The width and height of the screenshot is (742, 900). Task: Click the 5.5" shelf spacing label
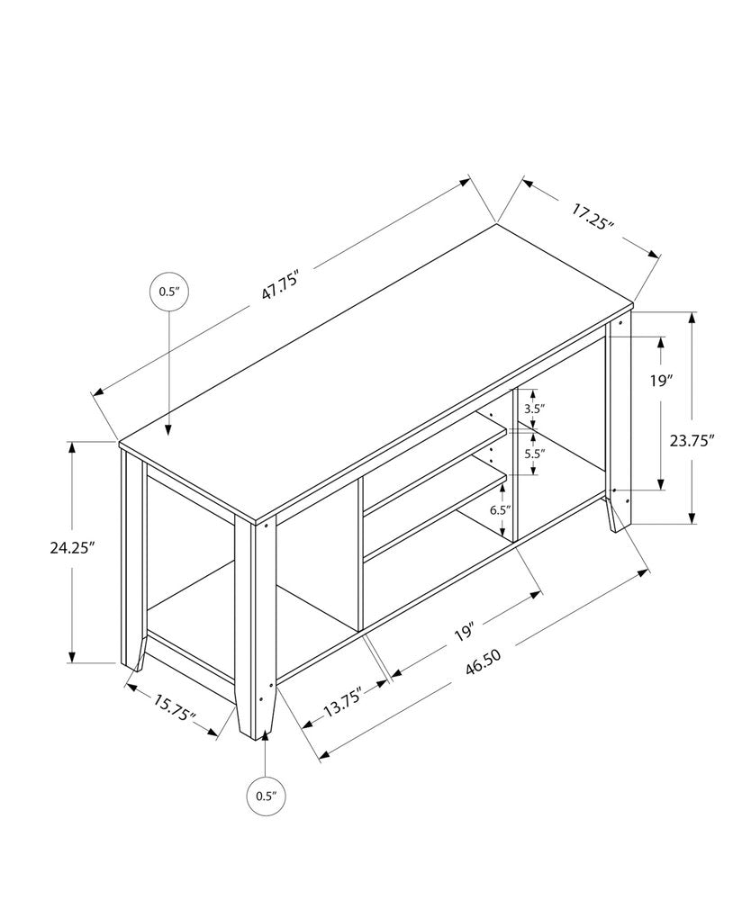pyautogui.click(x=533, y=454)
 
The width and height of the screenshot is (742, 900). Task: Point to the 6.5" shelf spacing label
pyautogui.click(x=500, y=510)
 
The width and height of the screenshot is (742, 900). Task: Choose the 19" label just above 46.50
pyautogui.click(x=465, y=629)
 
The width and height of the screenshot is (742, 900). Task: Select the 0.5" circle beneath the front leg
pyautogui.click(x=266, y=795)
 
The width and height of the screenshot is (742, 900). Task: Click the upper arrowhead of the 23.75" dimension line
pyautogui.click(x=692, y=318)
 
